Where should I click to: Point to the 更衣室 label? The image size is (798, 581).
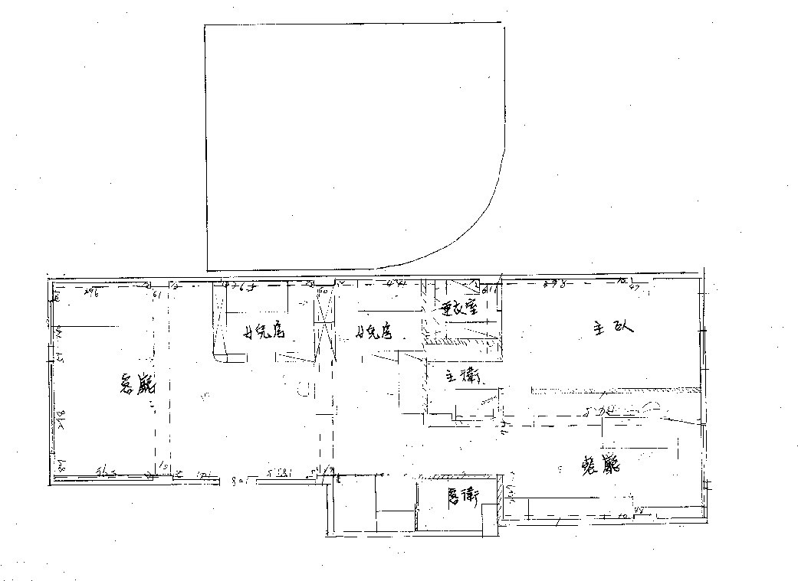(x=460, y=310)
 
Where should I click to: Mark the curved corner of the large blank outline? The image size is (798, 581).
(x=475, y=222)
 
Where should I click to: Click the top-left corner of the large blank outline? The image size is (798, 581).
(x=205, y=26)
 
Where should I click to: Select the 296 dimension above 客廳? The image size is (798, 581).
(x=94, y=292)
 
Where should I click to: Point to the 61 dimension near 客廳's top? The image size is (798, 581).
(x=156, y=293)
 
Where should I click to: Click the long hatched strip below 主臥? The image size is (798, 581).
(x=613, y=390)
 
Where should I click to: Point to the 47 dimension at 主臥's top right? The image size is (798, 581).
(x=635, y=288)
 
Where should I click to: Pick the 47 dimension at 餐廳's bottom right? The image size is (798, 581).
(x=638, y=509)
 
